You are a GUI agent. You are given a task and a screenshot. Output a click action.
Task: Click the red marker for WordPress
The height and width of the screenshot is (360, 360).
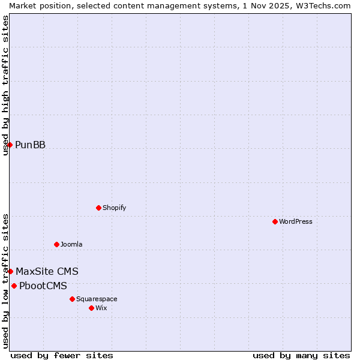(275, 221)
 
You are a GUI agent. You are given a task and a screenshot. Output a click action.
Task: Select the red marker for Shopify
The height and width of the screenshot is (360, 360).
(98, 208)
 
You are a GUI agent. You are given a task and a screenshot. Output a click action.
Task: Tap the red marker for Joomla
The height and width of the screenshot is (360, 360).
(56, 244)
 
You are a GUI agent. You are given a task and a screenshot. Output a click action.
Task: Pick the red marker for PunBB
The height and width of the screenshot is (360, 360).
(10, 145)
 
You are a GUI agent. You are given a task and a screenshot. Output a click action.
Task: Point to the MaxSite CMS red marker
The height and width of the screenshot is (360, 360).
(10, 271)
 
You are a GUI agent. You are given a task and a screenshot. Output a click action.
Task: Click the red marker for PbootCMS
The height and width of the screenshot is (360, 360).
(14, 286)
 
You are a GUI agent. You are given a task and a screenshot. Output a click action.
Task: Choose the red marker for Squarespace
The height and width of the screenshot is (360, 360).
(72, 299)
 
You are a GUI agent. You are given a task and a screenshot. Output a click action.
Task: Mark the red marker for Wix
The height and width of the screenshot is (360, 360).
(91, 308)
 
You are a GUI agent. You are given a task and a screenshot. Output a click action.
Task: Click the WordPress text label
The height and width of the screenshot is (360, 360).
(296, 221)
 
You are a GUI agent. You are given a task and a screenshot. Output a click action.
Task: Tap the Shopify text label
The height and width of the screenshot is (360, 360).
(114, 208)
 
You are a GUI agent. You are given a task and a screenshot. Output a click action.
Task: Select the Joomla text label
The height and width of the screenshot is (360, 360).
(71, 244)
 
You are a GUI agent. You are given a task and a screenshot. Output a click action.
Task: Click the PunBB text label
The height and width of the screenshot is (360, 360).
(30, 145)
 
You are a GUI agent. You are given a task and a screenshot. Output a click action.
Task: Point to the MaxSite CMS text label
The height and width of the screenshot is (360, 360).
(47, 271)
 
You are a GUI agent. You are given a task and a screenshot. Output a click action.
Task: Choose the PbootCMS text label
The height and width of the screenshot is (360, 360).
(43, 286)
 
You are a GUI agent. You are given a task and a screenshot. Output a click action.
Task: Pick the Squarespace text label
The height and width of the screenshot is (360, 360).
(97, 299)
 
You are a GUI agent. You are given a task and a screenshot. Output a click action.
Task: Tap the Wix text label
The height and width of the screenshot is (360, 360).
(101, 308)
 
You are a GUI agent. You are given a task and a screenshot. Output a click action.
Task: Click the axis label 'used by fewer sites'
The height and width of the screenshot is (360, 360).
(62, 355)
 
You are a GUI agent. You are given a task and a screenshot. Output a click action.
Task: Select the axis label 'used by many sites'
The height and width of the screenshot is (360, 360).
(301, 355)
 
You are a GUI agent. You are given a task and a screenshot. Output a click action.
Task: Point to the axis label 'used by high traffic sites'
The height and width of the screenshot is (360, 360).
(5, 85)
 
